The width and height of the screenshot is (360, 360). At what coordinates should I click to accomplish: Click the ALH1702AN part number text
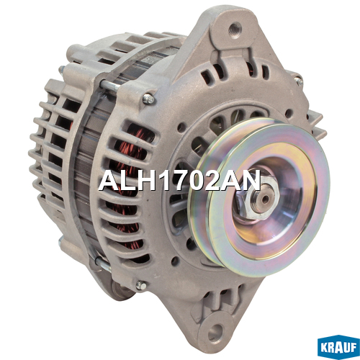click(179, 181)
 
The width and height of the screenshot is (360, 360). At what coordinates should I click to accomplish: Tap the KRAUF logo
click(338, 347)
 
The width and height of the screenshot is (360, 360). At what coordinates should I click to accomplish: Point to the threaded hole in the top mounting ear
click(235, 30)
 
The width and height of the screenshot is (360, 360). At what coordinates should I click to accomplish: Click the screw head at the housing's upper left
click(149, 99)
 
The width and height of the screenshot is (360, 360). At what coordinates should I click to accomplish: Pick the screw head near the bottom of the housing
click(141, 285)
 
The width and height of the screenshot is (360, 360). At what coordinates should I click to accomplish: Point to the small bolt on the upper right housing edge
click(298, 81)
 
